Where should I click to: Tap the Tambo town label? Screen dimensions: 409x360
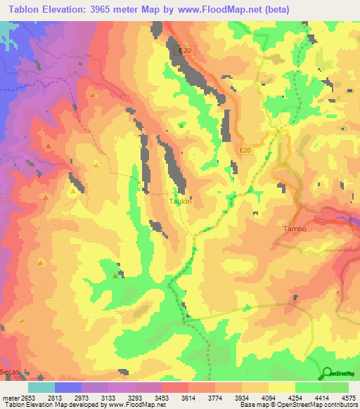(295, 229)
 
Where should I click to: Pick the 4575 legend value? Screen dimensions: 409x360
(348, 397)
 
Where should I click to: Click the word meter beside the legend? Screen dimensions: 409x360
(8, 397)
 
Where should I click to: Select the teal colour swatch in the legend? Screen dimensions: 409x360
(41, 387)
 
